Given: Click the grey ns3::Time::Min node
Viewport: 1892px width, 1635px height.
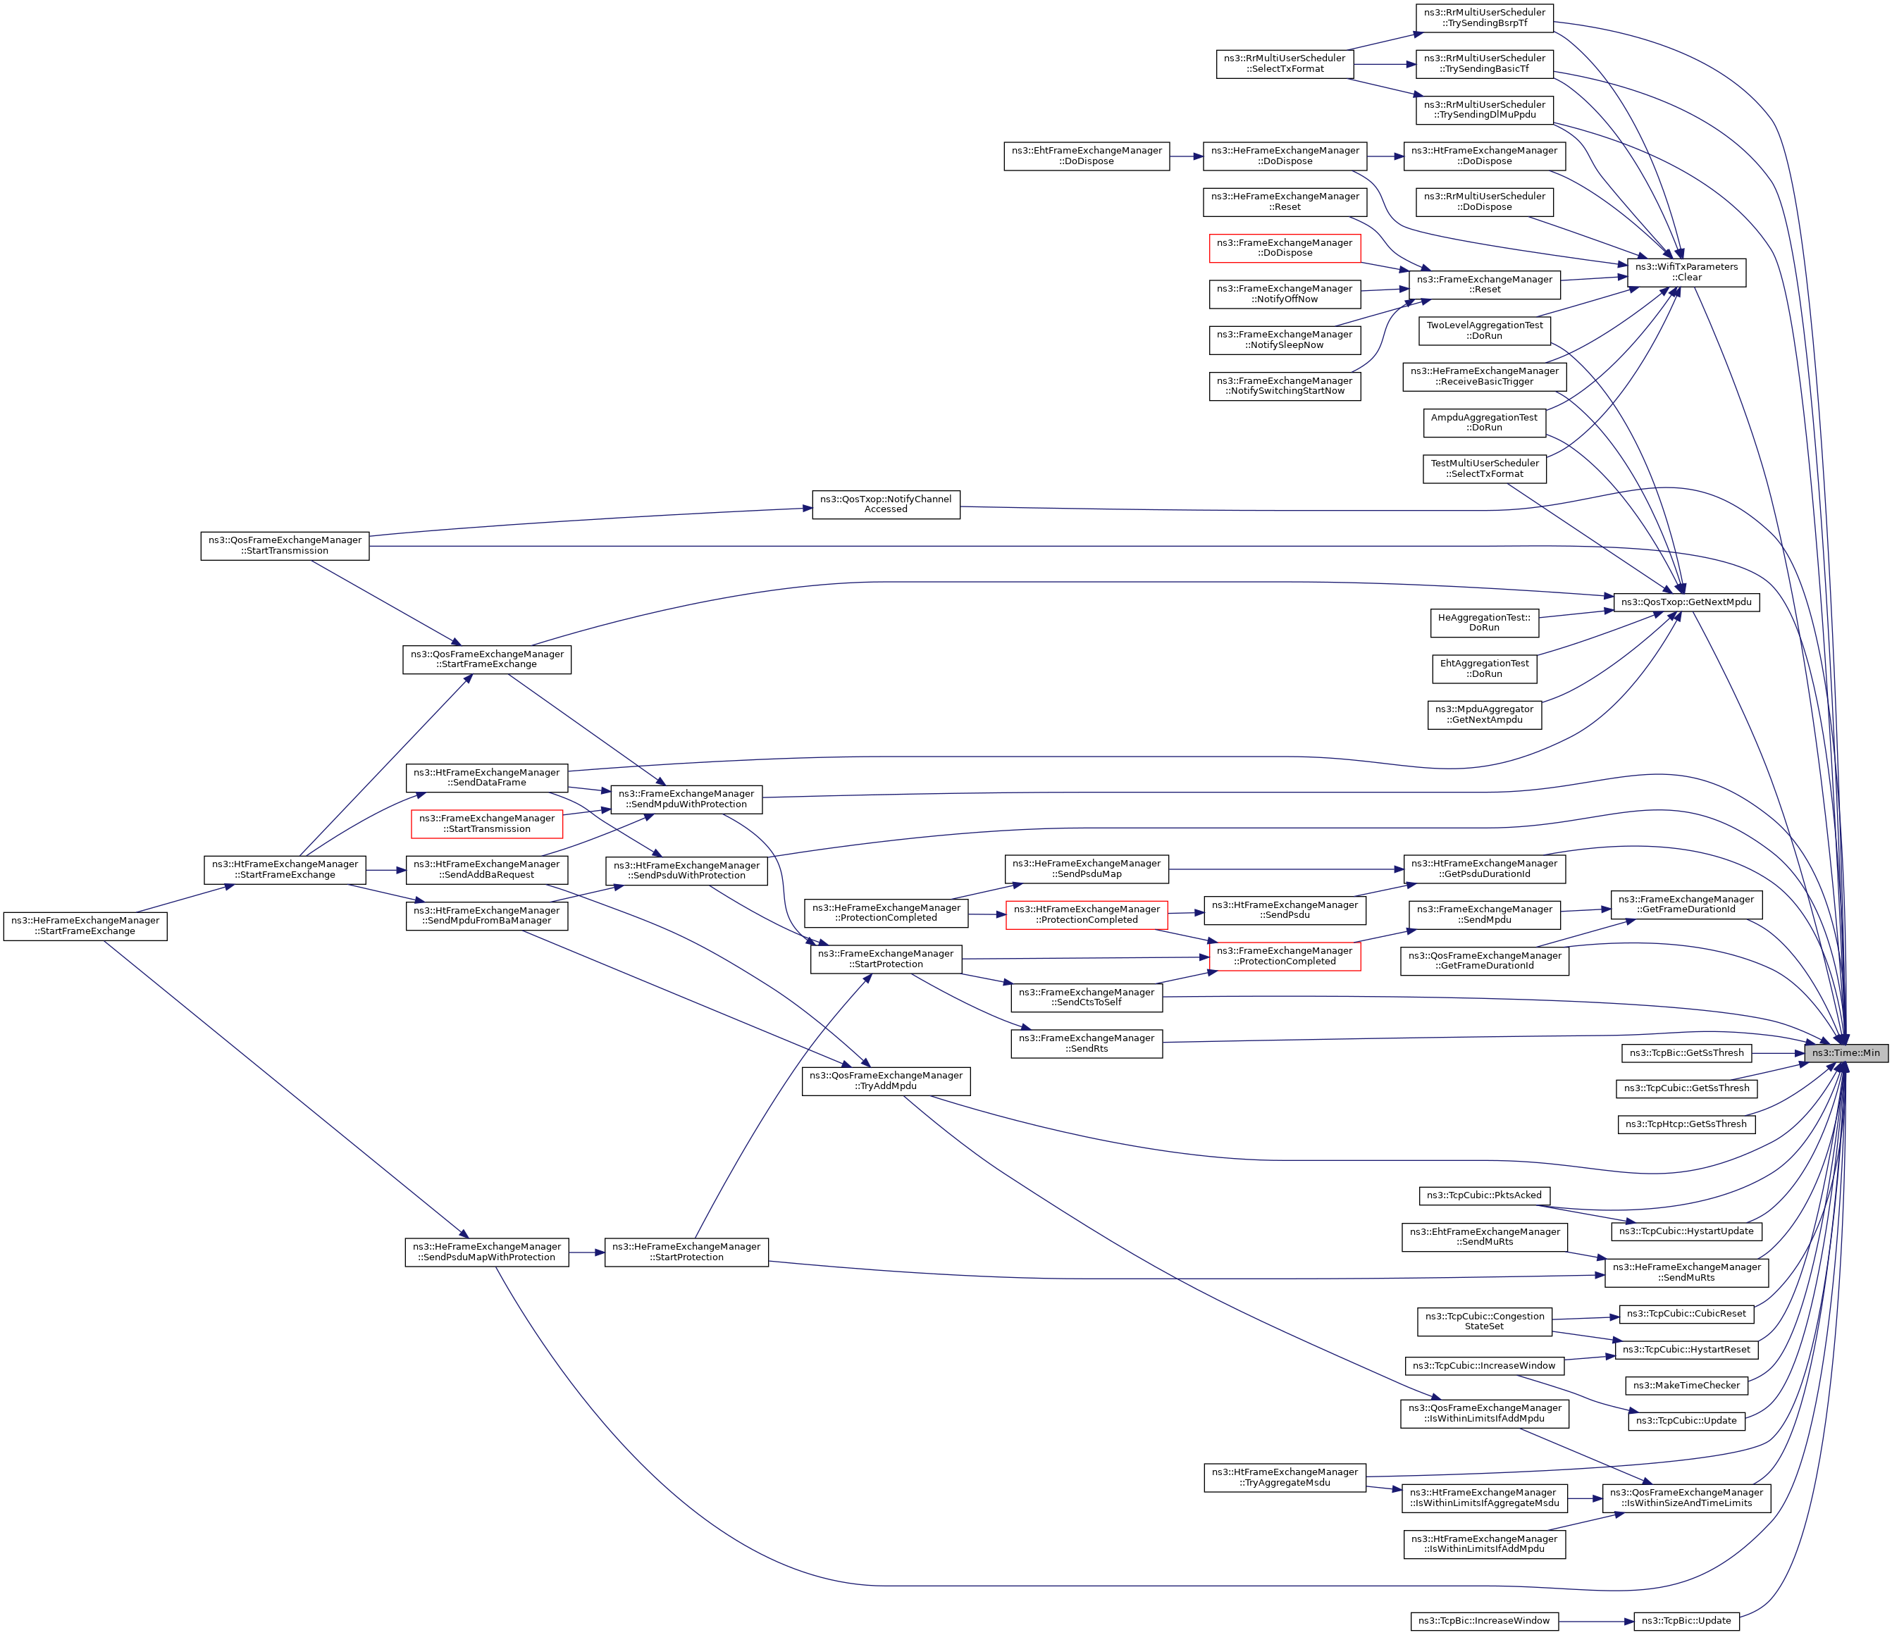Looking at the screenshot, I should (x=1845, y=1052).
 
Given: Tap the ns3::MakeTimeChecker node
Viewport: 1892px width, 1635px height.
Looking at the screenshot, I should (x=1686, y=1385).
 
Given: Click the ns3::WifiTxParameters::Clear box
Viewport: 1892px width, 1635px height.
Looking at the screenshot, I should (x=1686, y=272).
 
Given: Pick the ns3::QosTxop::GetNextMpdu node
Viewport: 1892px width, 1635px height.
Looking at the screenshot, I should (x=1686, y=602).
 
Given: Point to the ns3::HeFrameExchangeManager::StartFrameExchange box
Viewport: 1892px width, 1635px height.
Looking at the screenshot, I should (x=85, y=926).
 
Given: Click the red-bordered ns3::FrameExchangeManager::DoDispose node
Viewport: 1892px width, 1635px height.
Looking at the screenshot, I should (x=1285, y=247).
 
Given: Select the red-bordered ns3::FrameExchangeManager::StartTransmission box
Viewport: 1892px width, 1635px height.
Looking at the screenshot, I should (x=487, y=823).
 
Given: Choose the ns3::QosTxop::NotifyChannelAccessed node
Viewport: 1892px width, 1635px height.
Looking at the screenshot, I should (x=886, y=504).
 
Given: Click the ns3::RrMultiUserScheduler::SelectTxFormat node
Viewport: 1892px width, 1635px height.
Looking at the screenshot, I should (x=1285, y=64).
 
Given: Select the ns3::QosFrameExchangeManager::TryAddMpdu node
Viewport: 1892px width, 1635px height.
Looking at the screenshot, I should (x=886, y=1081).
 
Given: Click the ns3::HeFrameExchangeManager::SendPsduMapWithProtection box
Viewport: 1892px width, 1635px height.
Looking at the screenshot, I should (x=487, y=1252).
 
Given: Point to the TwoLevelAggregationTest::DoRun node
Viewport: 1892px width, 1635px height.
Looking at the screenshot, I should (x=1484, y=330).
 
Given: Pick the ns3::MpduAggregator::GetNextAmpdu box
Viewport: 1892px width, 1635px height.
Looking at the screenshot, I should (x=1484, y=714).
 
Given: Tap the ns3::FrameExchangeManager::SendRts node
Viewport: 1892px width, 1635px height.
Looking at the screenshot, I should (x=1086, y=1043).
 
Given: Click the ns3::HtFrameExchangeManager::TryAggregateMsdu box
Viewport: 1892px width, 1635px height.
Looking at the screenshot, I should (x=1285, y=1477).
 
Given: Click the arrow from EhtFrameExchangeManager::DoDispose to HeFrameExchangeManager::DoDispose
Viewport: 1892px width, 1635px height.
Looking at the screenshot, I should (x=1185, y=156).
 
